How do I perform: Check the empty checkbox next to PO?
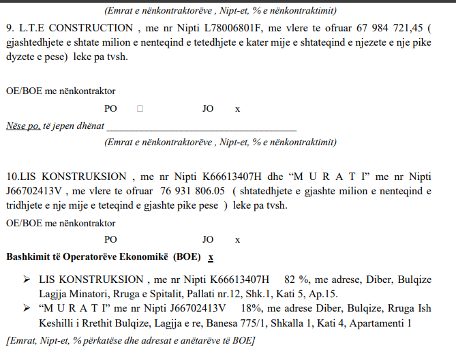click(140, 108)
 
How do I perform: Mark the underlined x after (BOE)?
click(211, 257)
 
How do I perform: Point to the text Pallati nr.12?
click(214, 294)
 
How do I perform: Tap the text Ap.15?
click(323, 294)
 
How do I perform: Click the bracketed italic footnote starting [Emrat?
click(130, 340)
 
